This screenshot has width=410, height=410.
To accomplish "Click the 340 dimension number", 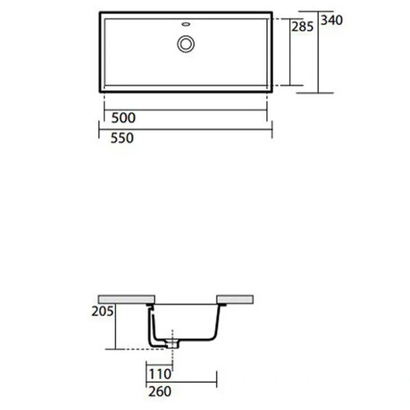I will pos(331,20).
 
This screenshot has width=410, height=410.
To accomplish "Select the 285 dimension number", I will pos(302,27).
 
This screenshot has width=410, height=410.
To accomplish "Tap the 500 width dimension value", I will pos(123,118).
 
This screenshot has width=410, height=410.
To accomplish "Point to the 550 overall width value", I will pos(123,138).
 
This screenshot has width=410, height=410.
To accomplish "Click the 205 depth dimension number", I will pos(100,311).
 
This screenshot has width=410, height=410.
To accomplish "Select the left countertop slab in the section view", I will pos(127,299).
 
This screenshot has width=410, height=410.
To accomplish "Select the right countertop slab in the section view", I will pos(235,299).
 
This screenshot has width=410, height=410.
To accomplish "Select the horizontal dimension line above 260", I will pos(182,382).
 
